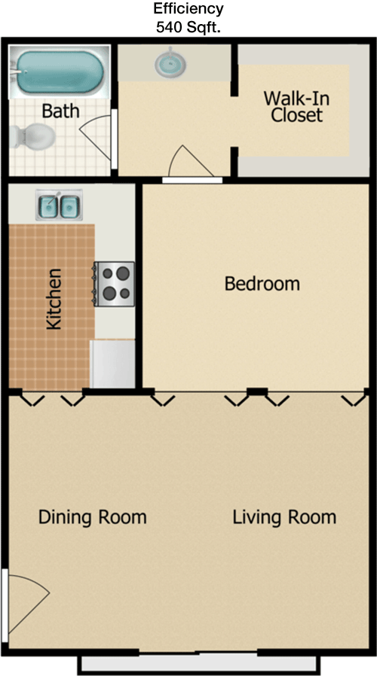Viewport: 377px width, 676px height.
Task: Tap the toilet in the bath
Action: (32, 136)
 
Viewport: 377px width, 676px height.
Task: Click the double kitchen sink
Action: (59, 206)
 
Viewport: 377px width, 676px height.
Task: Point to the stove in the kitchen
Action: (114, 284)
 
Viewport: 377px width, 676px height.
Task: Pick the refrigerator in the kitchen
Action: (112, 364)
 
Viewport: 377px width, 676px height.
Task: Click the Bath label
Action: (60, 111)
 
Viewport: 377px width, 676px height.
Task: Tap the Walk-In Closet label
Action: (296, 106)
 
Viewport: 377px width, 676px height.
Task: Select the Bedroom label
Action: (262, 284)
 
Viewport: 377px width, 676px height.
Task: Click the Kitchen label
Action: (54, 299)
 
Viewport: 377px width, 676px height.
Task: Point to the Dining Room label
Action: (93, 516)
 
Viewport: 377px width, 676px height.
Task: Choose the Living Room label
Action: (284, 517)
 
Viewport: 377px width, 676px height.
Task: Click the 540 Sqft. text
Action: (188, 27)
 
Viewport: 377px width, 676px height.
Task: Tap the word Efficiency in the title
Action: (188, 8)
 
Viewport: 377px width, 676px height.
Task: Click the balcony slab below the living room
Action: (199, 663)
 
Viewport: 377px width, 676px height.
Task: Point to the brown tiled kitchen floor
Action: (51, 306)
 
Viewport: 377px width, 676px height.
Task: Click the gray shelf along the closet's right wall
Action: (359, 110)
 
